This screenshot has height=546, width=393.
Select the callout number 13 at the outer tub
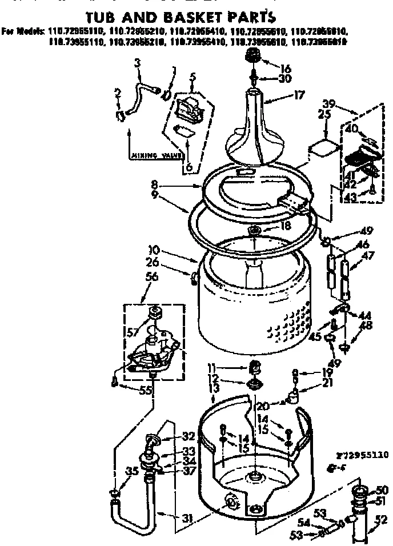pos(215,388)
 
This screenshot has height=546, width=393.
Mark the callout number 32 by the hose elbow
pos(189,435)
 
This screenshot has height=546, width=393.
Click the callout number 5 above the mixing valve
pos(193,75)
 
